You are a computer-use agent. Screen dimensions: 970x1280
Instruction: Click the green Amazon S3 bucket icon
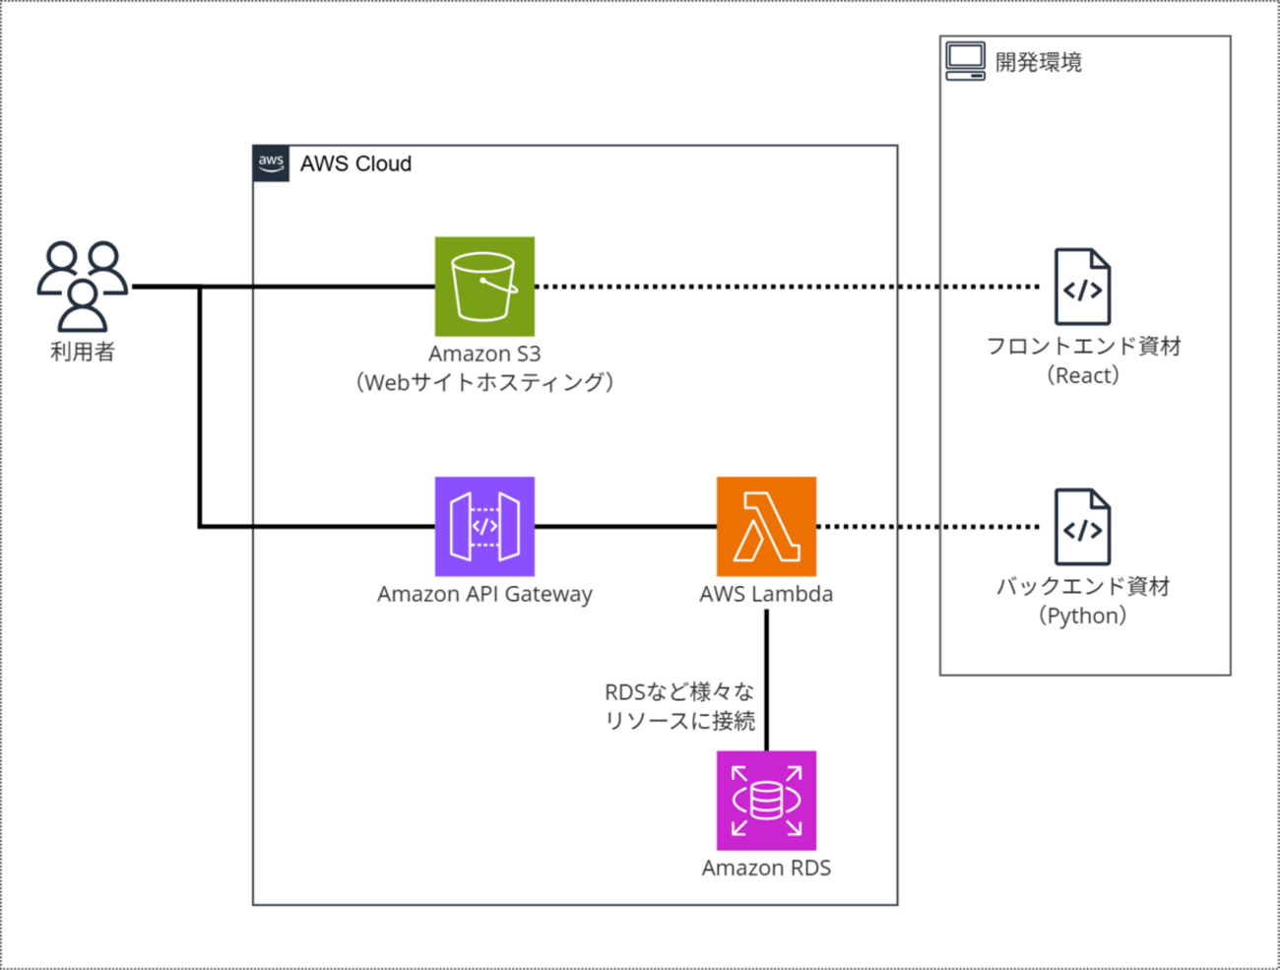[x=484, y=287]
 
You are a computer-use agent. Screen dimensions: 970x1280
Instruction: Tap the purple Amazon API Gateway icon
[x=484, y=527]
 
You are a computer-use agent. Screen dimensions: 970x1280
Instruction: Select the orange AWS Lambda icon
[x=766, y=527]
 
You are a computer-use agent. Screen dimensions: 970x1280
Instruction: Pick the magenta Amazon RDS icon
[x=766, y=801]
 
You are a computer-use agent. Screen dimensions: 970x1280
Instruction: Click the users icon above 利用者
[x=83, y=286]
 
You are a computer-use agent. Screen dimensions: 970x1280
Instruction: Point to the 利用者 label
[x=83, y=352]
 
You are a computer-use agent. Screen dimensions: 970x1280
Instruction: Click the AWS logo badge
[x=271, y=163]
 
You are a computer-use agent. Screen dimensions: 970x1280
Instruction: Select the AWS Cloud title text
[x=355, y=164]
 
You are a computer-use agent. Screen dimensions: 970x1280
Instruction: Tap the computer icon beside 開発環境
[x=965, y=61]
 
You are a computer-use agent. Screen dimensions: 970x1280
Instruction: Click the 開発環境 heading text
[x=1039, y=62]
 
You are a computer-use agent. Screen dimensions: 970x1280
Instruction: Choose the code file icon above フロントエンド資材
[x=1082, y=287]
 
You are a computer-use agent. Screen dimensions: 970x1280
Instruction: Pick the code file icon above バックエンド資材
[x=1082, y=527]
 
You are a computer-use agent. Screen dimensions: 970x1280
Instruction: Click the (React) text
[x=1083, y=375]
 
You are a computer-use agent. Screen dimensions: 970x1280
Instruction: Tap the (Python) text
[x=1083, y=615]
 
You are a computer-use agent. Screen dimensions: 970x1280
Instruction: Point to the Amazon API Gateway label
[x=484, y=594]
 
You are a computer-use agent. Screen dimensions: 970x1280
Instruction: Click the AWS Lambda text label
[x=766, y=594]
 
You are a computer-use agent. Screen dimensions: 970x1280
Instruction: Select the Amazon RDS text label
[x=766, y=868]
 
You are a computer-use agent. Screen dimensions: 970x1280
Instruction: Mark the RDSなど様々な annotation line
[x=679, y=692]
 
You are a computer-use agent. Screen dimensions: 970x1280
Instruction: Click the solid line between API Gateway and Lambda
[x=625, y=527]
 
